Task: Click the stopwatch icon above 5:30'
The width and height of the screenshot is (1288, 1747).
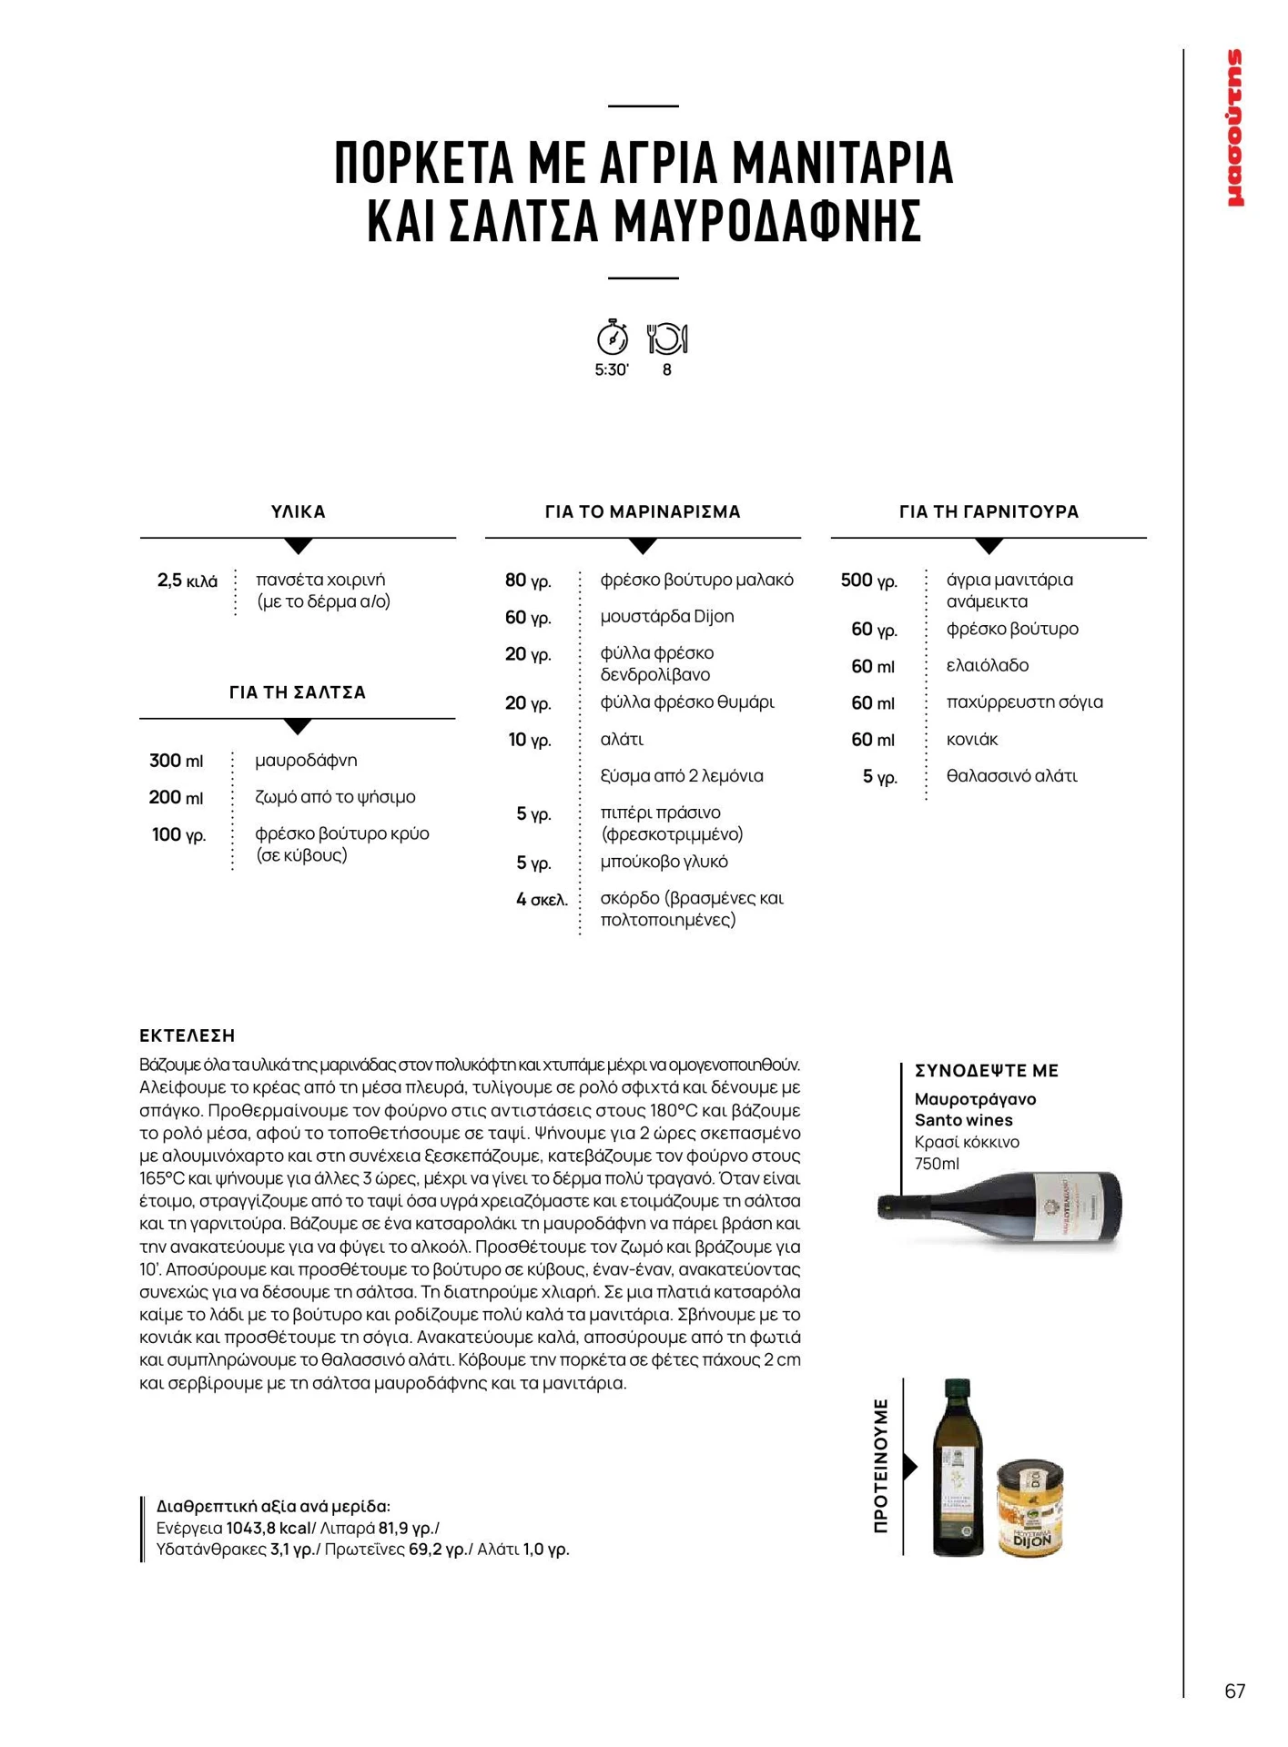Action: [612, 338]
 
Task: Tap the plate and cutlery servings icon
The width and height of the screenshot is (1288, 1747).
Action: [667, 338]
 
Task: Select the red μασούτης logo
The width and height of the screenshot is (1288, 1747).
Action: [1235, 128]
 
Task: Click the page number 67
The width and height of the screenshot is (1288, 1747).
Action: [1234, 1691]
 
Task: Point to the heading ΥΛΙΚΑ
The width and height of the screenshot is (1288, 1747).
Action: [298, 512]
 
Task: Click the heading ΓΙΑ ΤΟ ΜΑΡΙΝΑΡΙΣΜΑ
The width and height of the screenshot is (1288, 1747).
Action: [643, 512]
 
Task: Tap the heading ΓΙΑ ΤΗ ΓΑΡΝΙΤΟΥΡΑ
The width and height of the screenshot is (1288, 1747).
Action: [989, 512]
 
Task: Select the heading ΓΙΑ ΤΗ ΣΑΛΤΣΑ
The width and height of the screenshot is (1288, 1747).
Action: [298, 692]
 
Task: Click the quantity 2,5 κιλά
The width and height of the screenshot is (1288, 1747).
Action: [188, 581]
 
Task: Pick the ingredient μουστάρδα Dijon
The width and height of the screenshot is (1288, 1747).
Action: [667, 617]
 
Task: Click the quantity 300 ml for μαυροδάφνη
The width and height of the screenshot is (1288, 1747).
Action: [177, 761]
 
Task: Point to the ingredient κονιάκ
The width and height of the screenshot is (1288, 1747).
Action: [972, 740]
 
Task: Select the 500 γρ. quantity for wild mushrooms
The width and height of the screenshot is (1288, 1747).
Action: [869, 581]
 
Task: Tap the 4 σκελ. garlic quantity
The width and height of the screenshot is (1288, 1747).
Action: [542, 900]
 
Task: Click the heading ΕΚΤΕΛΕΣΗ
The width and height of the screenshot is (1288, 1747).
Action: [188, 1035]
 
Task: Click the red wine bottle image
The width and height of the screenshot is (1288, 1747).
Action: [1001, 1207]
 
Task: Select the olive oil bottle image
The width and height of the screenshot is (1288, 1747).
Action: [958, 1467]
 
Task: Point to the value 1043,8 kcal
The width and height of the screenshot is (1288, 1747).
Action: [269, 1528]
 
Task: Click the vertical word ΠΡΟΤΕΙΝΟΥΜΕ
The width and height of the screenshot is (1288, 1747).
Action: [880, 1466]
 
